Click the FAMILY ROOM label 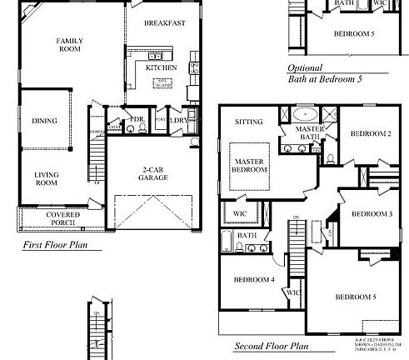(x=68, y=45)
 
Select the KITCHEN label (x=161, y=67)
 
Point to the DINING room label (x=45, y=121)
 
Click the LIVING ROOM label (x=45, y=178)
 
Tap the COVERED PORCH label (x=62, y=218)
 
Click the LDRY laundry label (x=177, y=120)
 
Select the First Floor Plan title (x=59, y=247)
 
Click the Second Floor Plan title (x=271, y=346)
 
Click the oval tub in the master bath (x=306, y=111)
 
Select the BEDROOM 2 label (x=370, y=134)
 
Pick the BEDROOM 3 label (x=372, y=214)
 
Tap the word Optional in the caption (x=305, y=68)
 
